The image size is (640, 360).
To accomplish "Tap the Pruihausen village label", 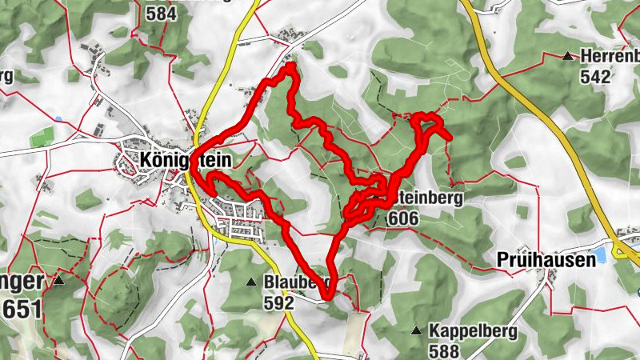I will (546, 259).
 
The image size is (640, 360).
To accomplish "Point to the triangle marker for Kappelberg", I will (416, 330).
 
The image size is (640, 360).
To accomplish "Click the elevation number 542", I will (596, 77).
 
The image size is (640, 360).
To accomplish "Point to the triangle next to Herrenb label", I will (567, 57).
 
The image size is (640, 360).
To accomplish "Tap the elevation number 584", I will (161, 13).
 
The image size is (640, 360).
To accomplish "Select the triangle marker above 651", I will (58, 281).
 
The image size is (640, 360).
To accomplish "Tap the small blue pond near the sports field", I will (58, 120).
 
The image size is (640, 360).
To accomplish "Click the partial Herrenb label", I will (610, 57).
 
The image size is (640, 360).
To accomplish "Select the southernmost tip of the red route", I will (328, 298).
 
